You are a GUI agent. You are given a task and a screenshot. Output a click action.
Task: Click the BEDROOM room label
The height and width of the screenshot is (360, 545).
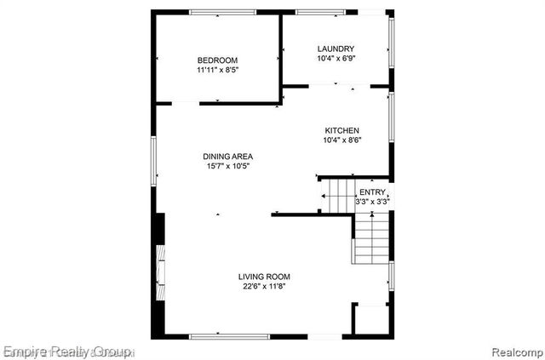click(217, 60)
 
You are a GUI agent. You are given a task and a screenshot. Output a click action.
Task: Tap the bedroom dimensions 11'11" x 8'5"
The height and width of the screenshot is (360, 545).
click(217, 71)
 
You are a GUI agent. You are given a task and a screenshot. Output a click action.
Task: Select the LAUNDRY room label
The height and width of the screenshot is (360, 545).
click(336, 49)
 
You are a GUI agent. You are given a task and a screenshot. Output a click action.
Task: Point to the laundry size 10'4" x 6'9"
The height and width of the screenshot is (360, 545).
click(336, 59)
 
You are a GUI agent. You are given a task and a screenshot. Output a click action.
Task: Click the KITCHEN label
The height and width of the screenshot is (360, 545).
click(341, 130)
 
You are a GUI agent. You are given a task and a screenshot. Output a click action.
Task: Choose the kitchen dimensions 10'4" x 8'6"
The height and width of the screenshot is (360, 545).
click(341, 140)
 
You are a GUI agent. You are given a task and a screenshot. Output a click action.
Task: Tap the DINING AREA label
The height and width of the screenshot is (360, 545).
click(227, 156)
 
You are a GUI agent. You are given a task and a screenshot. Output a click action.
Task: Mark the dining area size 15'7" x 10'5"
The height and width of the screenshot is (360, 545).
click(227, 167)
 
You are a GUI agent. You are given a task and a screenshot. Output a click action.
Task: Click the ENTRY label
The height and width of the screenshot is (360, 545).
click(372, 192)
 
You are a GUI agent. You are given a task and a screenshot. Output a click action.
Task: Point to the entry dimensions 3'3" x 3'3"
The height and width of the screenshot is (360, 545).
click(372, 202)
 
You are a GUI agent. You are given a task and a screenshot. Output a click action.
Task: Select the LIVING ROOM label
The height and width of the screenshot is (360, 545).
click(264, 277)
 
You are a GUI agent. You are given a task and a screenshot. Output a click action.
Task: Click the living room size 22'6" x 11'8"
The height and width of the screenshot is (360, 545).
click(264, 287)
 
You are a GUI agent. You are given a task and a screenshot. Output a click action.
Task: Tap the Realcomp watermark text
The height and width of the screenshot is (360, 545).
click(515, 351)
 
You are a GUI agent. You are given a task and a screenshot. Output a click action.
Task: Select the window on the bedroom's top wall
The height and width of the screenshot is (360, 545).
click(223, 12)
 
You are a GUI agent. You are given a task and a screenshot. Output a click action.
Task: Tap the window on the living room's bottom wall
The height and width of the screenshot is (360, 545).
click(223, 335)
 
